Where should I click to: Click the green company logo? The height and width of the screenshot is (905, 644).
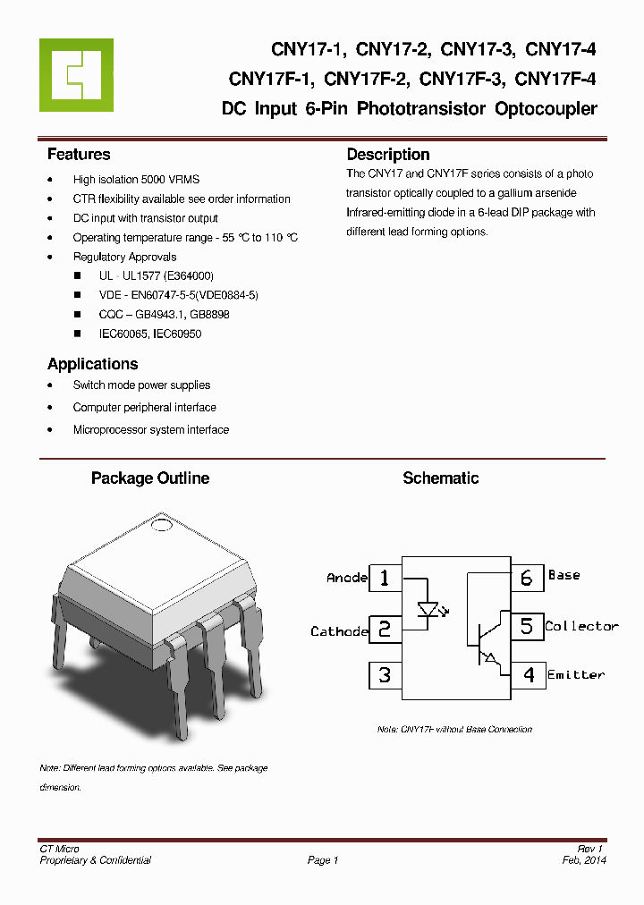[x=76, y=75]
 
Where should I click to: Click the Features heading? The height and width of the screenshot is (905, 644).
[x=79, y=155]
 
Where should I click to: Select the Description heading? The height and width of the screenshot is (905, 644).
[x=388, y=155]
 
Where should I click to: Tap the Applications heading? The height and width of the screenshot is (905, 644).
[x=92, y=364]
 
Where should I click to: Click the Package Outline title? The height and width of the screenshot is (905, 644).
[x=150, y=478]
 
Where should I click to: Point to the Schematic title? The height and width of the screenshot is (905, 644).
[x=440, y=478]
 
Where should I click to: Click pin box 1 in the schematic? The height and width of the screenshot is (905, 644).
[x=385, y=578]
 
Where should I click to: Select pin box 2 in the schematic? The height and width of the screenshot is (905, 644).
[x=385, y=629]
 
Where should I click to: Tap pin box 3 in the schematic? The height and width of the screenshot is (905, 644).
[x=385, y=674]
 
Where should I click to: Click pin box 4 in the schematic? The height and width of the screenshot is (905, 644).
[x=528, y=674]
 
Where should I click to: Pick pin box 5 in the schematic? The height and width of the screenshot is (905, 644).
[x=527, y=626]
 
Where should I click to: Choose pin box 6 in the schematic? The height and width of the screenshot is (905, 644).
[x=527, y=578]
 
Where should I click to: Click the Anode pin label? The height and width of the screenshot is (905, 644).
[x=347, y=578]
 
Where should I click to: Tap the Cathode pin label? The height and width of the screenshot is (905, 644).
[x=339, y=631]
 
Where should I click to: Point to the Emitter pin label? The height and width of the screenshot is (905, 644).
[x=576, y=674]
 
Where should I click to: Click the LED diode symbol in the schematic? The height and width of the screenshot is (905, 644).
[x=428, y=609]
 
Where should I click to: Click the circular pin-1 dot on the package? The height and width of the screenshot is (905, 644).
[x=161, y=525]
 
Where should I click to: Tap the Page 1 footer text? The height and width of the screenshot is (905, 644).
[x=323, y=860]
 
